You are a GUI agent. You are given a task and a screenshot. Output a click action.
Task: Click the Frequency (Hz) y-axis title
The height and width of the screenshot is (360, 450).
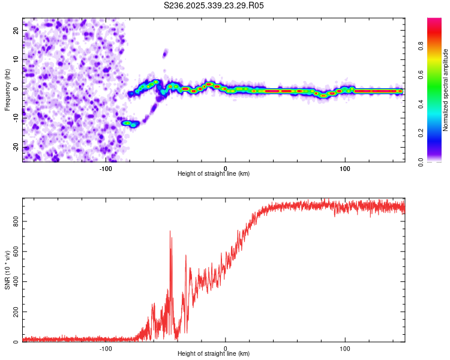point(7,89)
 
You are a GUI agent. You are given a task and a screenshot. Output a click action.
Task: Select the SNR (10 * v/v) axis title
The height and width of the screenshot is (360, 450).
point(7,270)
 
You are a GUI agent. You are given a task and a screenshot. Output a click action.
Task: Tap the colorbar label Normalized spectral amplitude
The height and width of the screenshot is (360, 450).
point(446,89)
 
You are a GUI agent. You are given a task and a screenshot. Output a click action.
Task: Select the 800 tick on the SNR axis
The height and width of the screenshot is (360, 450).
point(15,221)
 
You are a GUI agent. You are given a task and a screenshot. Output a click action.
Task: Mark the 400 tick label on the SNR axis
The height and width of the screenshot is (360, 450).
point(15,282)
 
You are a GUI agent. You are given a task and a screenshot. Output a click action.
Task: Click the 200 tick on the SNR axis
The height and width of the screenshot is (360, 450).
point(15,313)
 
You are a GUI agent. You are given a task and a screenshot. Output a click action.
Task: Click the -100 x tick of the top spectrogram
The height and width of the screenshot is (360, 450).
point(106,168)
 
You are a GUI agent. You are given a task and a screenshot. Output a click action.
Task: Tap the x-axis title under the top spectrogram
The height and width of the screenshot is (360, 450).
point(214,174)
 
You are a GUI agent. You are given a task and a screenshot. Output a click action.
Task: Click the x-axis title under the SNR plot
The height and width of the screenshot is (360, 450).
point(214,354)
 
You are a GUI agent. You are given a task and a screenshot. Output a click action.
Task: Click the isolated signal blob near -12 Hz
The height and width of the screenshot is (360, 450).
point(130,124)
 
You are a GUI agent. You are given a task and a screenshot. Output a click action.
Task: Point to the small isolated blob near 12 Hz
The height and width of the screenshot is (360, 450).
point(165,54)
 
